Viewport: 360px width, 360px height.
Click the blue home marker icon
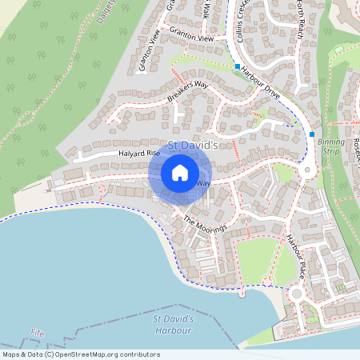click(180, 173)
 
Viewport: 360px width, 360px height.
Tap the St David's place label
click(193, 146)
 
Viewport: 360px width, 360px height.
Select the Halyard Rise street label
click(138, 154)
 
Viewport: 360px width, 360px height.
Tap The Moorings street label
click(206, 225)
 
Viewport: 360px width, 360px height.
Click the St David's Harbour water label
click(172, 324)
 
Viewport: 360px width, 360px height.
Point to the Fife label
click(37, 332)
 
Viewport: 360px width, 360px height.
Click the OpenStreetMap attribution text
click(80, 354)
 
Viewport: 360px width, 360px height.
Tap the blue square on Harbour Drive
click(238, 66)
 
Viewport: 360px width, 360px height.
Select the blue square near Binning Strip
click(312, 134)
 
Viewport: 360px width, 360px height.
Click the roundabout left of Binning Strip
click(305, 170)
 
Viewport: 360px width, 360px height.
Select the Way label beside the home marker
click(204, 183)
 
